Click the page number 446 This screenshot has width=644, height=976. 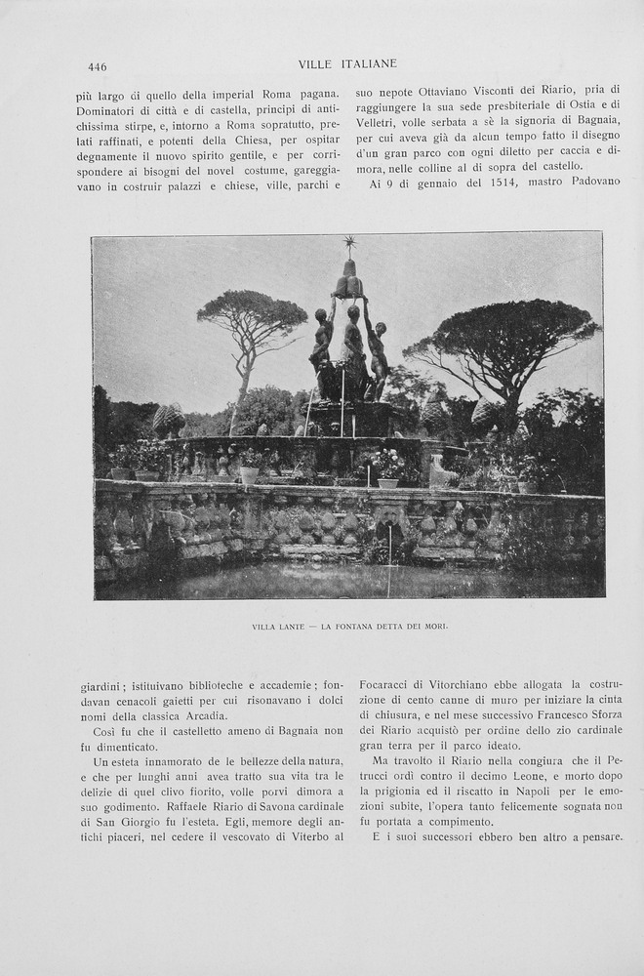[97, 67]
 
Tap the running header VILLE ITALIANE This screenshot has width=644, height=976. [347, 64]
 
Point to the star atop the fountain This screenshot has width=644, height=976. [349, 242]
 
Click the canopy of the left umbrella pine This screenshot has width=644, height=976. [252, 314]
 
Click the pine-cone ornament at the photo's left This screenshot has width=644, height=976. [168, 420]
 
